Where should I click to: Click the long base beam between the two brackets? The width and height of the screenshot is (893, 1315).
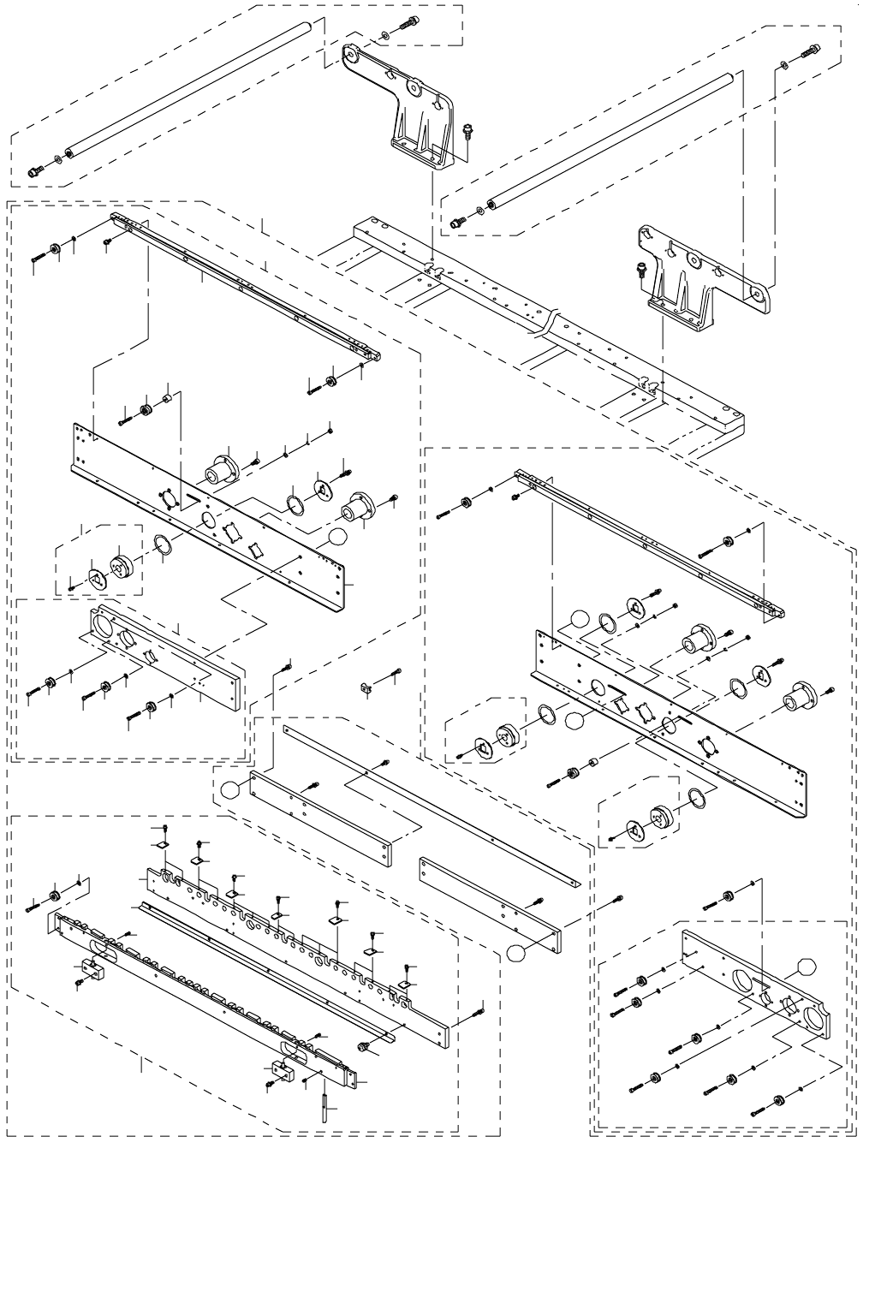click(x=548, y=325)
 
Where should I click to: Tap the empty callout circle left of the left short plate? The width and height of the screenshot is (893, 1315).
click(x=229, y=789)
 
